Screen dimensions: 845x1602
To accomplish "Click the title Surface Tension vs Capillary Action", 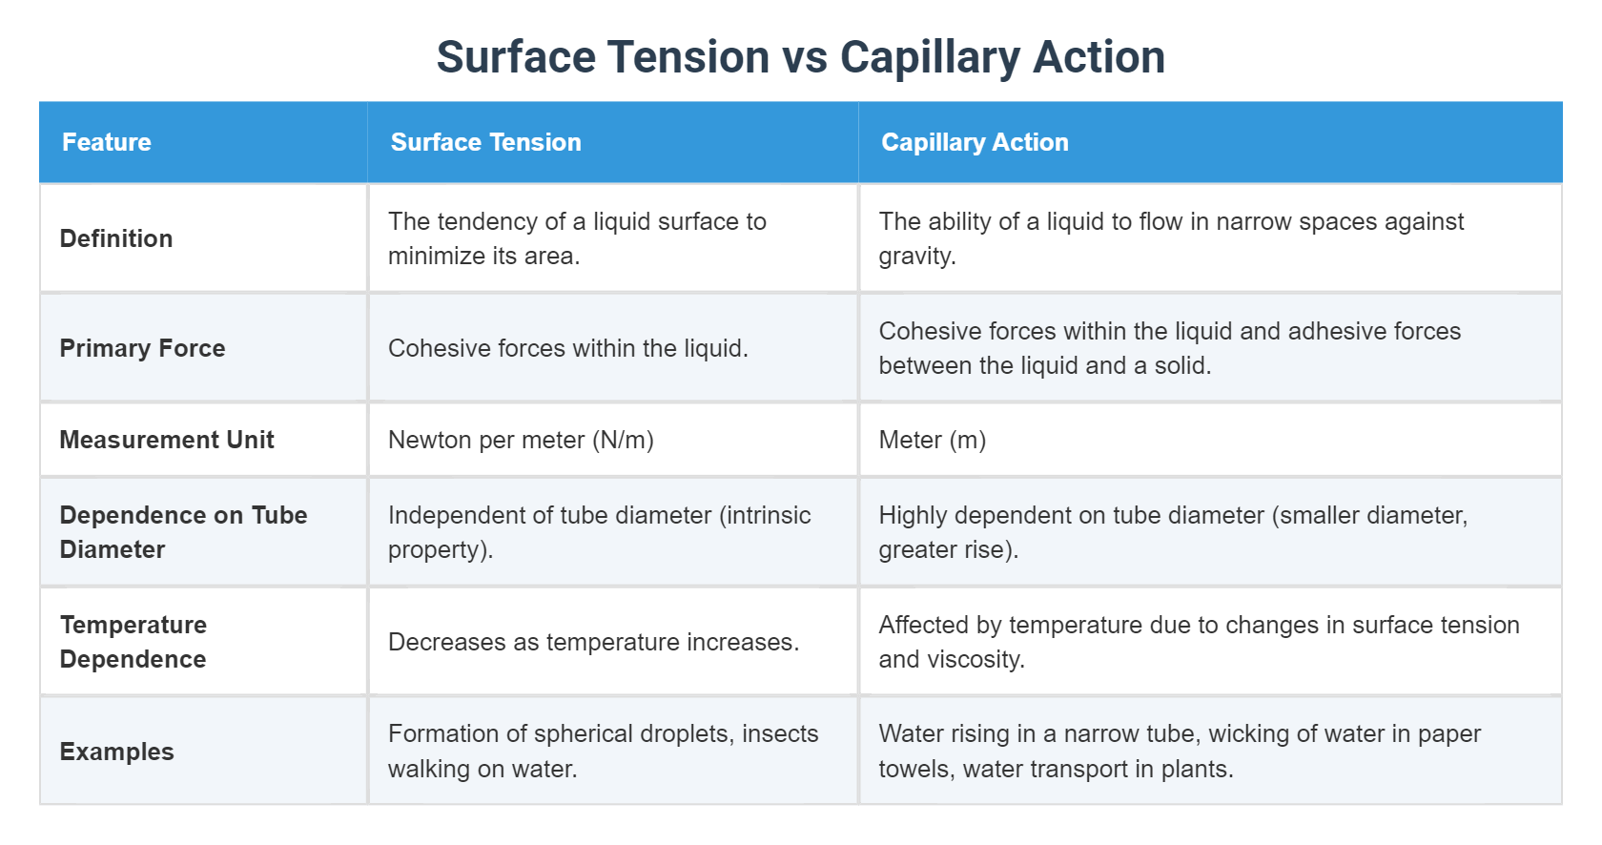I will click(x=801, y=57).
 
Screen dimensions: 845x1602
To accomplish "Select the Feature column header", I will click(x=107, y=142).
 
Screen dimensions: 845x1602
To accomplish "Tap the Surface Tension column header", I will click(x=485, y=142).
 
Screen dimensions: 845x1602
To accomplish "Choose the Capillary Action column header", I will click(x=975, y=142).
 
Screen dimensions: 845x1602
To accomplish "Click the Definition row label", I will click(x=116, y=238).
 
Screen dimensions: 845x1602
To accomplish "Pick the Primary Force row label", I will click(x=142, y=348).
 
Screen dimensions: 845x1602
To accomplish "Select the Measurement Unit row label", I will click(x=167, y=440).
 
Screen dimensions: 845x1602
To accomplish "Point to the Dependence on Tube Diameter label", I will click(x=183, y=532).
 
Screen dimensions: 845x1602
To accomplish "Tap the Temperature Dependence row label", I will click(x=133, y=642).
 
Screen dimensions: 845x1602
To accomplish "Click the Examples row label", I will click(x=116, y=752).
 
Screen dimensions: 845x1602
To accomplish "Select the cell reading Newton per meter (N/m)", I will click(x=521, y=440).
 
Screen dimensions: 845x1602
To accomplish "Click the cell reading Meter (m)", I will click(x=932, y=440).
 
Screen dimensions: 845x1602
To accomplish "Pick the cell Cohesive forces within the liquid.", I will click(x=567, y=348).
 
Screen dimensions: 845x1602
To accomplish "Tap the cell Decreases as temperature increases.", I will click(x=593, y=642).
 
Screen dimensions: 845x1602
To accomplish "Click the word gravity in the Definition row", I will click(x=916, y=257).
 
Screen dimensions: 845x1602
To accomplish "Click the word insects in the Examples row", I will click(x=780, y=733).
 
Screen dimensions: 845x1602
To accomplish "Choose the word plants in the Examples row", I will click(x=1196, y=770).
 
